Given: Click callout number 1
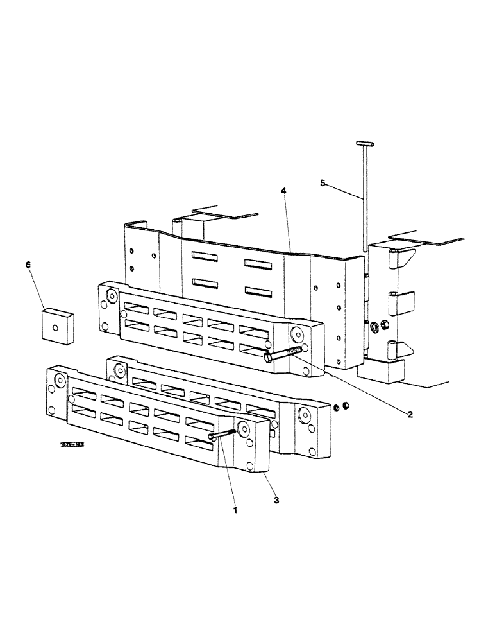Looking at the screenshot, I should pos(235,510).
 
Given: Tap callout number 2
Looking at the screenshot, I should pos(409,413).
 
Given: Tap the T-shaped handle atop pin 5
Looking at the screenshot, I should pos(363,143).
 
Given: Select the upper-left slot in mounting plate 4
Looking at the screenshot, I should pos(206,257).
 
